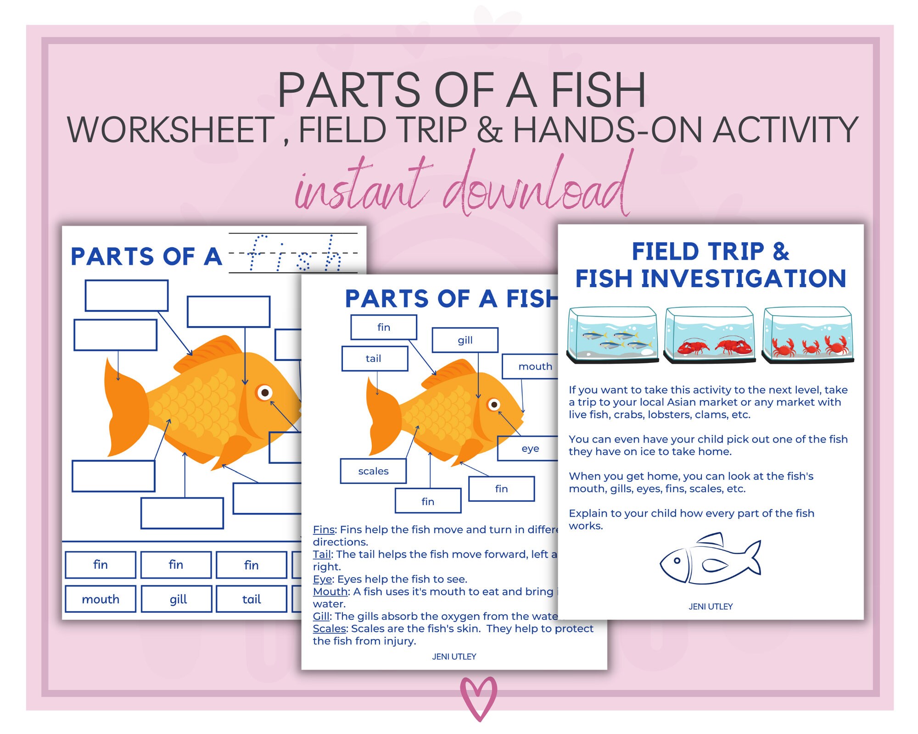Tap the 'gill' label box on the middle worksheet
click(465, 340)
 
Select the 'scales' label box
click(373, 471)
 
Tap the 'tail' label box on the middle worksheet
click(375, 358)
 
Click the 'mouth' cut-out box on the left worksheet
click(101, 599)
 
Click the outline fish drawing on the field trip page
click(710, 560)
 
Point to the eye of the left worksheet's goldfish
click(265, 393)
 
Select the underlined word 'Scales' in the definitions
click(329, 628)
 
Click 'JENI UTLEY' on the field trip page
click(711, 606)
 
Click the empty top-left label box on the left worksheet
click(126, 295)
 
